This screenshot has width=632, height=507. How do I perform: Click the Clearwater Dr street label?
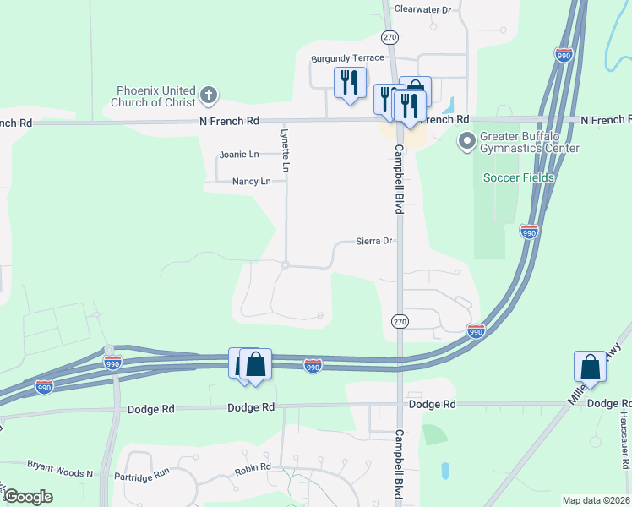point(423,9)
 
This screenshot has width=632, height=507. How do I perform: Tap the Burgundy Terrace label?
point(347,58)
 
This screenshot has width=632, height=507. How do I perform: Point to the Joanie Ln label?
point(239,155)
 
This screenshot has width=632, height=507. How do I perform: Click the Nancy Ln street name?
point(252,182)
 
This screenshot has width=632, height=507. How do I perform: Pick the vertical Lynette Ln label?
point(286,151)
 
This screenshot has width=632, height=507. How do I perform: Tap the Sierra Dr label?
point(373,241)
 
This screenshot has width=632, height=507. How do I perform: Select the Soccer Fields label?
point(519,177)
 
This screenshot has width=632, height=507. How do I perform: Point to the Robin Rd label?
point(253,466)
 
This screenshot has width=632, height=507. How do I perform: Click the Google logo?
point(27,497)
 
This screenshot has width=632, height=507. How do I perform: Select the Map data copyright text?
point(596,500)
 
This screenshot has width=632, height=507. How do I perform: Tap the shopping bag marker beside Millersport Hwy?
point(590,367)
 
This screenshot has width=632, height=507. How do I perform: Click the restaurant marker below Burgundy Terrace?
point(350,83)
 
